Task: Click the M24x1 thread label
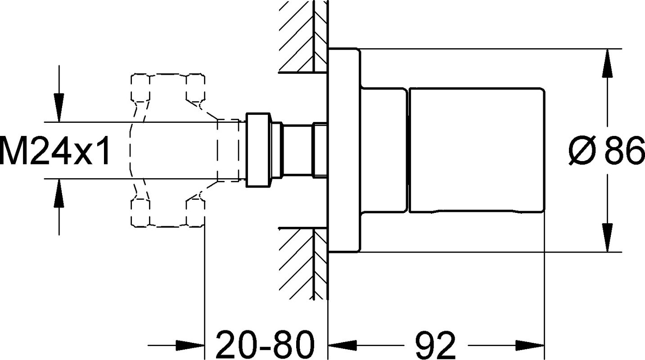tap(55, 150)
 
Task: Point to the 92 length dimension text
tap(435, 344)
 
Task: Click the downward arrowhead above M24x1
tap(59, 108)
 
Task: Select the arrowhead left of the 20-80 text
tap(190, 344)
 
